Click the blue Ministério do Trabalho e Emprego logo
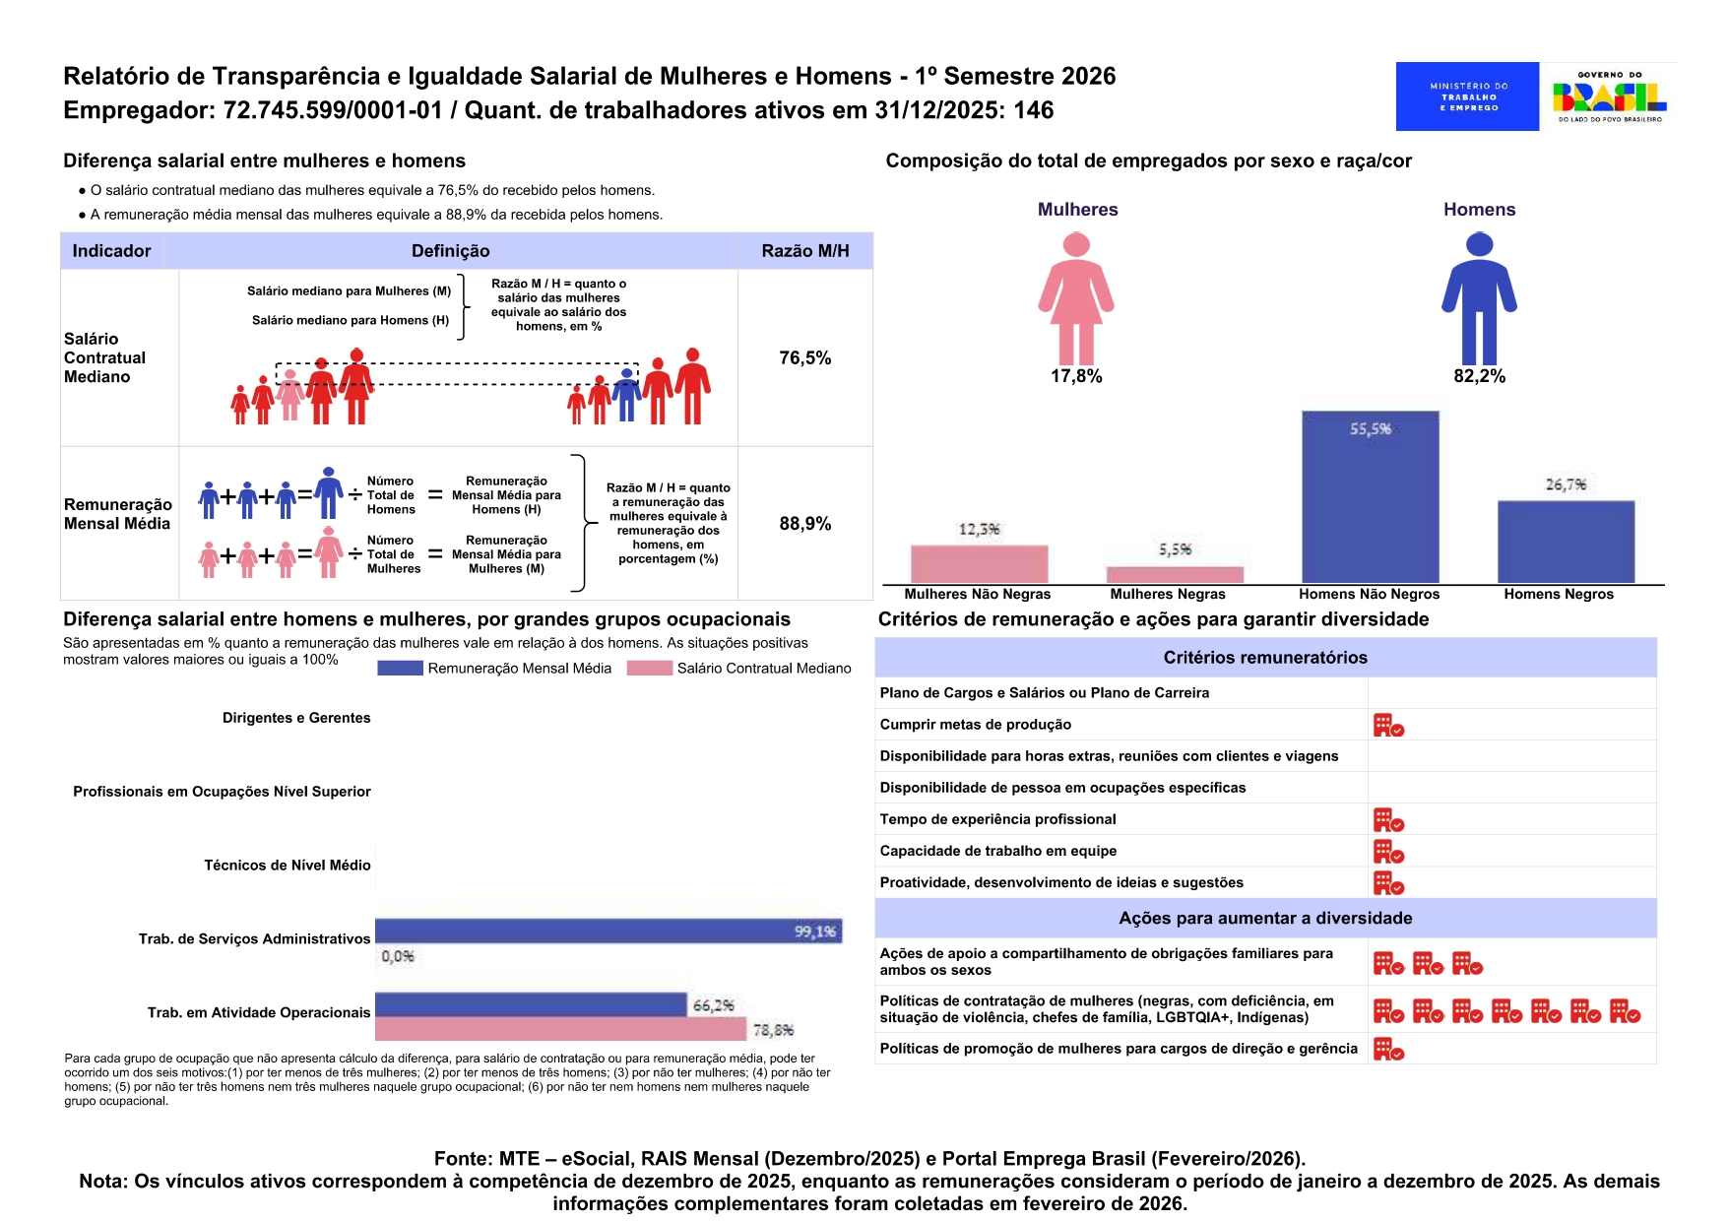1466,96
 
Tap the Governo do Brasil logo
1609,96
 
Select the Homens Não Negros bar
1370,497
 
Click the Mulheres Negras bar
1175,574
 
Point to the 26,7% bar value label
1566,484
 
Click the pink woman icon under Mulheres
1076,298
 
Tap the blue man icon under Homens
1479,298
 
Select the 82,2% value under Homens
1479,376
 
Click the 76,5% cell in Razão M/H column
804,358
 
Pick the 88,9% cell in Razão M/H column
804,524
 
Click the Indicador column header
111,251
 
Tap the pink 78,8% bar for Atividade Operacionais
560,1029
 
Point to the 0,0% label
398,956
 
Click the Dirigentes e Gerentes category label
296,718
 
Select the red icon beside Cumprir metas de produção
1388,726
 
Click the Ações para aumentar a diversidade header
1265,918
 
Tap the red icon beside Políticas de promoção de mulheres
1388,1050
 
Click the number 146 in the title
1034,110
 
